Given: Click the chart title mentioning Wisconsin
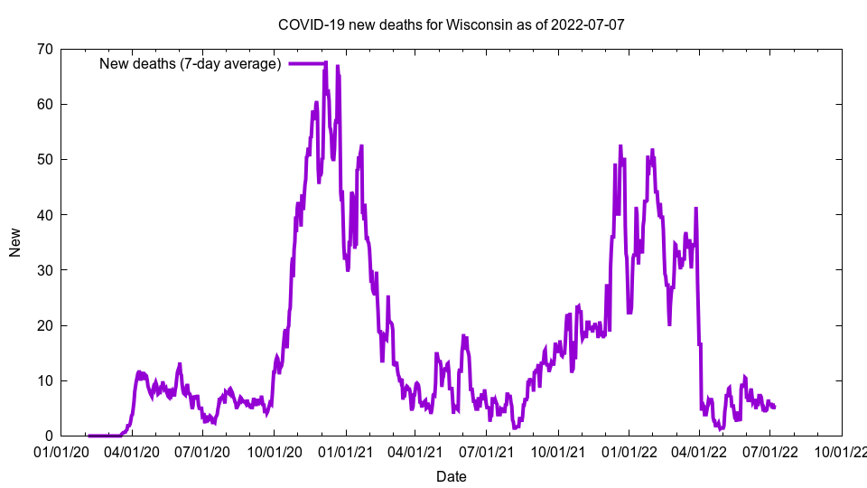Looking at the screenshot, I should [x=451, y=24].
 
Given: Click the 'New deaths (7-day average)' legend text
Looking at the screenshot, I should [x=190, y=63].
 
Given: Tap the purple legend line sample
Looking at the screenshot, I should [x=307, y=63].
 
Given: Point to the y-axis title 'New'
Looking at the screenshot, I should [x=15, y=242].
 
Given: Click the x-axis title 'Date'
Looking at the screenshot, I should [x=451, y=476].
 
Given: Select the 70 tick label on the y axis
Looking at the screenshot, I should [x=43, y=49].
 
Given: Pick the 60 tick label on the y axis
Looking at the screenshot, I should [x=43, y=104].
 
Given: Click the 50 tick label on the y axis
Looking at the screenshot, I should [x=43, y=159].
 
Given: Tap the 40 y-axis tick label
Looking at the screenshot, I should [x=43, y=215].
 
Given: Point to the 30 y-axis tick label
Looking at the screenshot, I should [x=43, y=270].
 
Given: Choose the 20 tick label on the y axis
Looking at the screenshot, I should [x=43, y=325].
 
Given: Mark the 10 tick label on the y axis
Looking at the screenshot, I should [x=43, y=380].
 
